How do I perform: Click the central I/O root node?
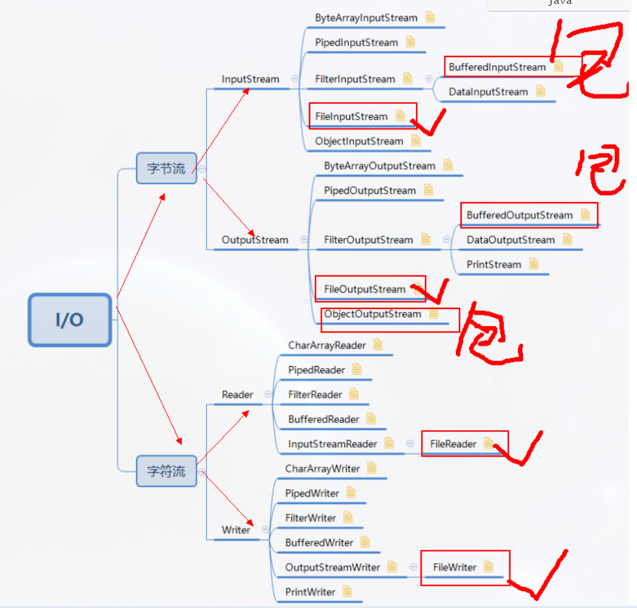tap(70, 320)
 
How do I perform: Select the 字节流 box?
tap(167, 168)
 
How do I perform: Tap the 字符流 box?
tap(167, 471)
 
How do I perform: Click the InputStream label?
tap(250, 79)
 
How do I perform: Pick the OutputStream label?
tap(255, 240)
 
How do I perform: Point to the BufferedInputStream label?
tap(497, 67)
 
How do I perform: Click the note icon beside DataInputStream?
tap(540, 92)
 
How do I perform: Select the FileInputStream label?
tap(351, 117)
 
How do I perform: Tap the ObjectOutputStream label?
tap(372, 314)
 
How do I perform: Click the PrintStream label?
tap(494, 265)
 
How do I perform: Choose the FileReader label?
tap(453, 444)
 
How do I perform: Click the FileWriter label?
tap(455, 567)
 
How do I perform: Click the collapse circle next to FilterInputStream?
tap(429, 79)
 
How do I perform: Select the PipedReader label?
tap(317, 370)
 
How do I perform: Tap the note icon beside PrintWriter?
tap(347, 592)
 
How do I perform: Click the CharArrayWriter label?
tap(322, 469)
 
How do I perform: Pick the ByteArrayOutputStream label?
tap(379, 166)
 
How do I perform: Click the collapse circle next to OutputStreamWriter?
tap(413, 567)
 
